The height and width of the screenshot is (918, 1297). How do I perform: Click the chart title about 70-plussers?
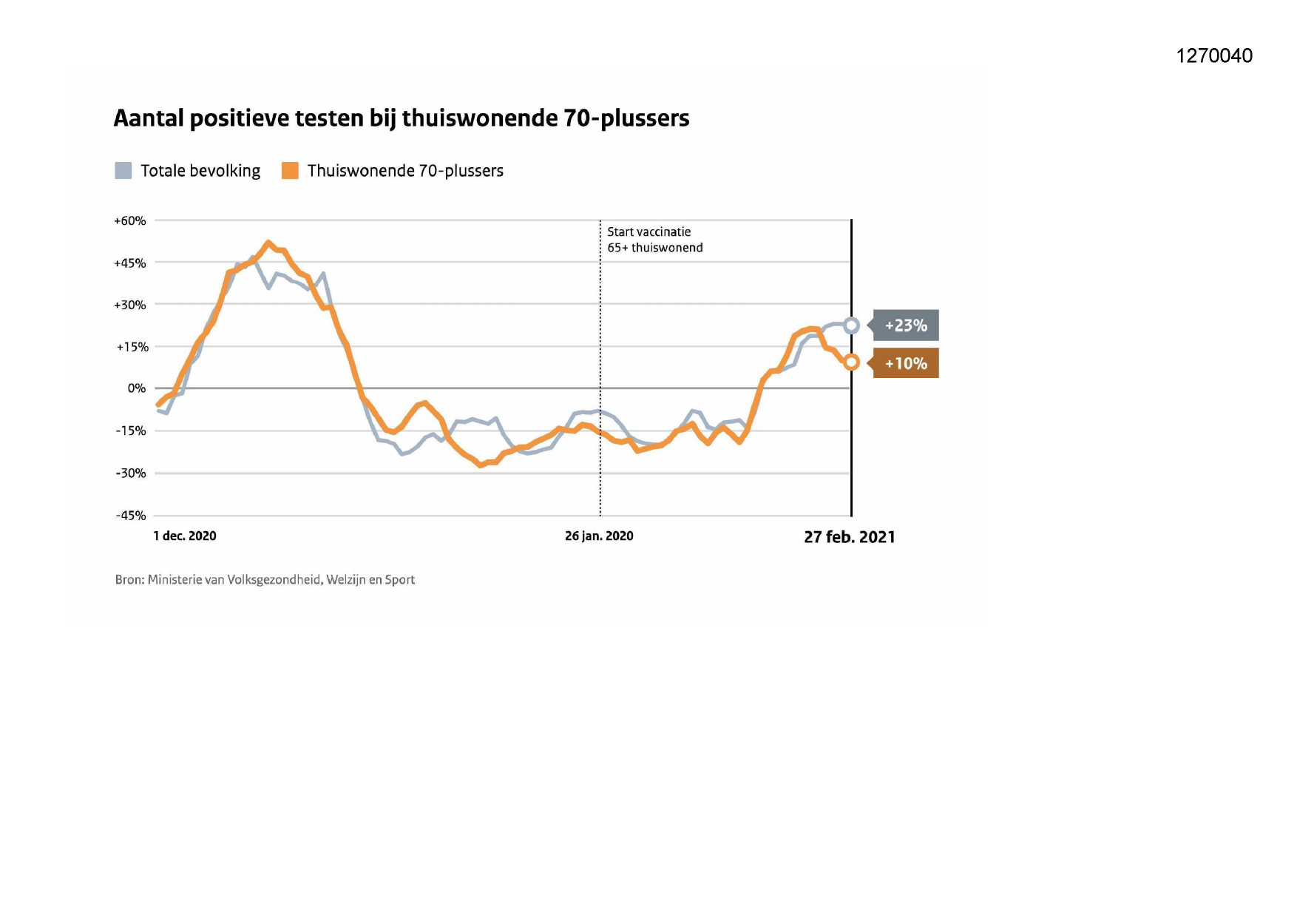coord(401,118)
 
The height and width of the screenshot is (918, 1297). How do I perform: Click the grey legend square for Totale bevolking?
coord(123,171)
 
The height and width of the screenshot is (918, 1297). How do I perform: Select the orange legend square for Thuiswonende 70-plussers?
coord(290,171)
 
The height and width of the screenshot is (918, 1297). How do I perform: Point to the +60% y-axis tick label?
coord(130,221)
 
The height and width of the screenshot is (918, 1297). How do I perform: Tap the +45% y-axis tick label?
coord(130,263)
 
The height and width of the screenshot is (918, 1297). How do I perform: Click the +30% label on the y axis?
coord(130,305)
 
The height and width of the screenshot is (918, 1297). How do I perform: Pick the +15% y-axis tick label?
coord(132,347)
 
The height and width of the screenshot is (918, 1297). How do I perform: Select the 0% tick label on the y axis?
coord(137,388)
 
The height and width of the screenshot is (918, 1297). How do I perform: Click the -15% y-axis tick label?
coord(131,431)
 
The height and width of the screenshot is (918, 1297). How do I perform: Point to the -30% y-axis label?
coord(131,473)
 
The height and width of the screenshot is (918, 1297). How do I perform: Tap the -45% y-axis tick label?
coord(131,516)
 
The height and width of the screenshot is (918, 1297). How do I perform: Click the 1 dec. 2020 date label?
coord(185,536)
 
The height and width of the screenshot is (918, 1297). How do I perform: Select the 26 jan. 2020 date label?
coord(599,536)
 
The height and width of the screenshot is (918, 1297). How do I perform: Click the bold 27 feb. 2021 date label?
coord(850,537)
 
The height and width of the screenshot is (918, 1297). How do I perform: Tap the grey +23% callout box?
coord(905,325)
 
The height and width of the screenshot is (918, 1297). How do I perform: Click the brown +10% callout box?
coord(905,363)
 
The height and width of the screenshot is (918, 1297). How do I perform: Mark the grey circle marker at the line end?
coord(852,325)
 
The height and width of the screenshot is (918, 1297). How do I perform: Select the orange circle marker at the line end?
coord(852,362)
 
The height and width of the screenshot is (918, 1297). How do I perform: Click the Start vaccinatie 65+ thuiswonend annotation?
coord(654,240)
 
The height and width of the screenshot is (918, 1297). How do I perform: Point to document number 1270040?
coord(1214,55)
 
